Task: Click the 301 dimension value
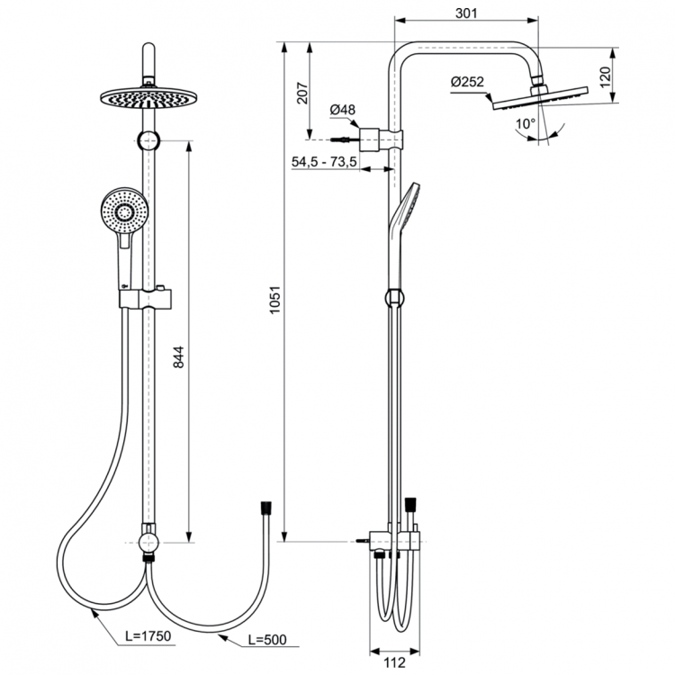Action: point(465,13)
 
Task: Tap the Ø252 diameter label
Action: point(468,82)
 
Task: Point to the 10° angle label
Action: point(525,122)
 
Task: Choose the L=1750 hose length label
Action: point(147,636)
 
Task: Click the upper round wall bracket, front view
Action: point(150,139)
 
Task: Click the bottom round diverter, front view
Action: point(149,542)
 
